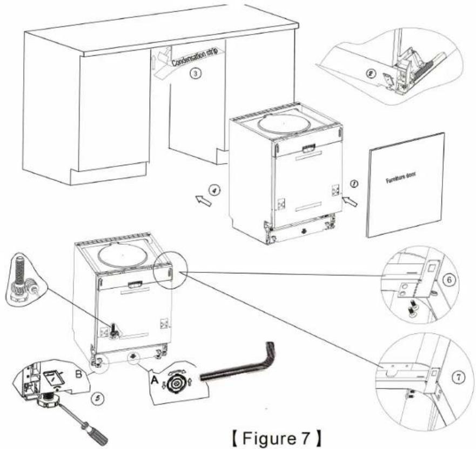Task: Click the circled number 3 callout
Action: click(196, 73)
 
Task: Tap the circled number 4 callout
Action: click(214, 190)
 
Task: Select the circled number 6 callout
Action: click(450, 279)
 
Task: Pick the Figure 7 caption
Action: click(276, 438)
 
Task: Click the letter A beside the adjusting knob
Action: click(155, 379)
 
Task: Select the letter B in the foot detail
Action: click(78, 374)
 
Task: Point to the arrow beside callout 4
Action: click(203, 201)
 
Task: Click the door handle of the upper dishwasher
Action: click(309, 149)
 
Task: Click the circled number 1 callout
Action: click(354, 184)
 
